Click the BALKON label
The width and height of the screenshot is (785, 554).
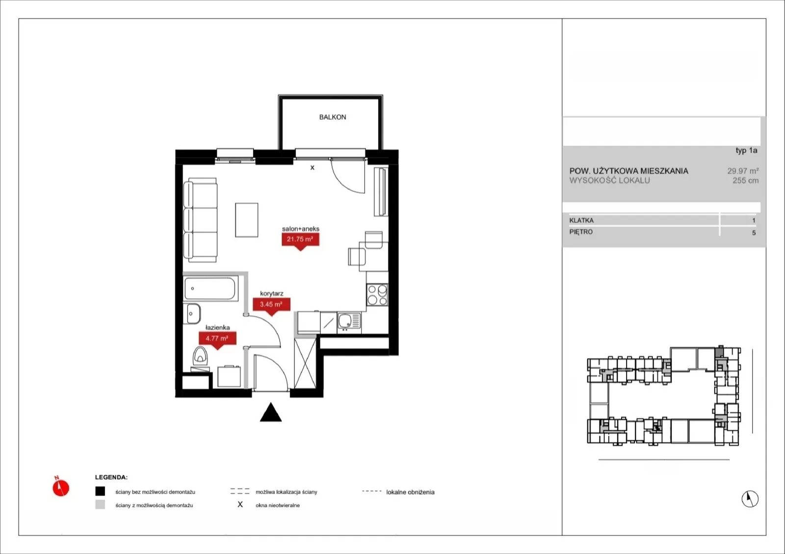point(333,117)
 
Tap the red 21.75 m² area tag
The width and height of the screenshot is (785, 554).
point(300,241)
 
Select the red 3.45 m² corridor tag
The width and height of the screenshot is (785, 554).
point(272,306)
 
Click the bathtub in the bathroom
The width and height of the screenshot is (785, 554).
point(210,289)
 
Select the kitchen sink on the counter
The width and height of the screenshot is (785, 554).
point(349,321)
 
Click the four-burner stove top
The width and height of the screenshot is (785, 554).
point(377,295)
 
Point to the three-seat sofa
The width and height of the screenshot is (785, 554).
point(200,220)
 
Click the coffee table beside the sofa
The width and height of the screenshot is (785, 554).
point(247,220)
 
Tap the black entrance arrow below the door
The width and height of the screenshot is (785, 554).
point(270,412)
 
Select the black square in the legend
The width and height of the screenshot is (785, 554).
point(100,491)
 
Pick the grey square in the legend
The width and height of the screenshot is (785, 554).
point(100,504)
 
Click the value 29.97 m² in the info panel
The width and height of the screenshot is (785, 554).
point(743,171)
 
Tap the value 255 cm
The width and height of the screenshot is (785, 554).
point(745,181)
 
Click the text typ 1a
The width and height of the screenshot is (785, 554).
point(746,151)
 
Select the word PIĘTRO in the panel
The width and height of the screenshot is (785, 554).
point(581,232)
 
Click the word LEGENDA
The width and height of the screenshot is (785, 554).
point(111,477)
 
